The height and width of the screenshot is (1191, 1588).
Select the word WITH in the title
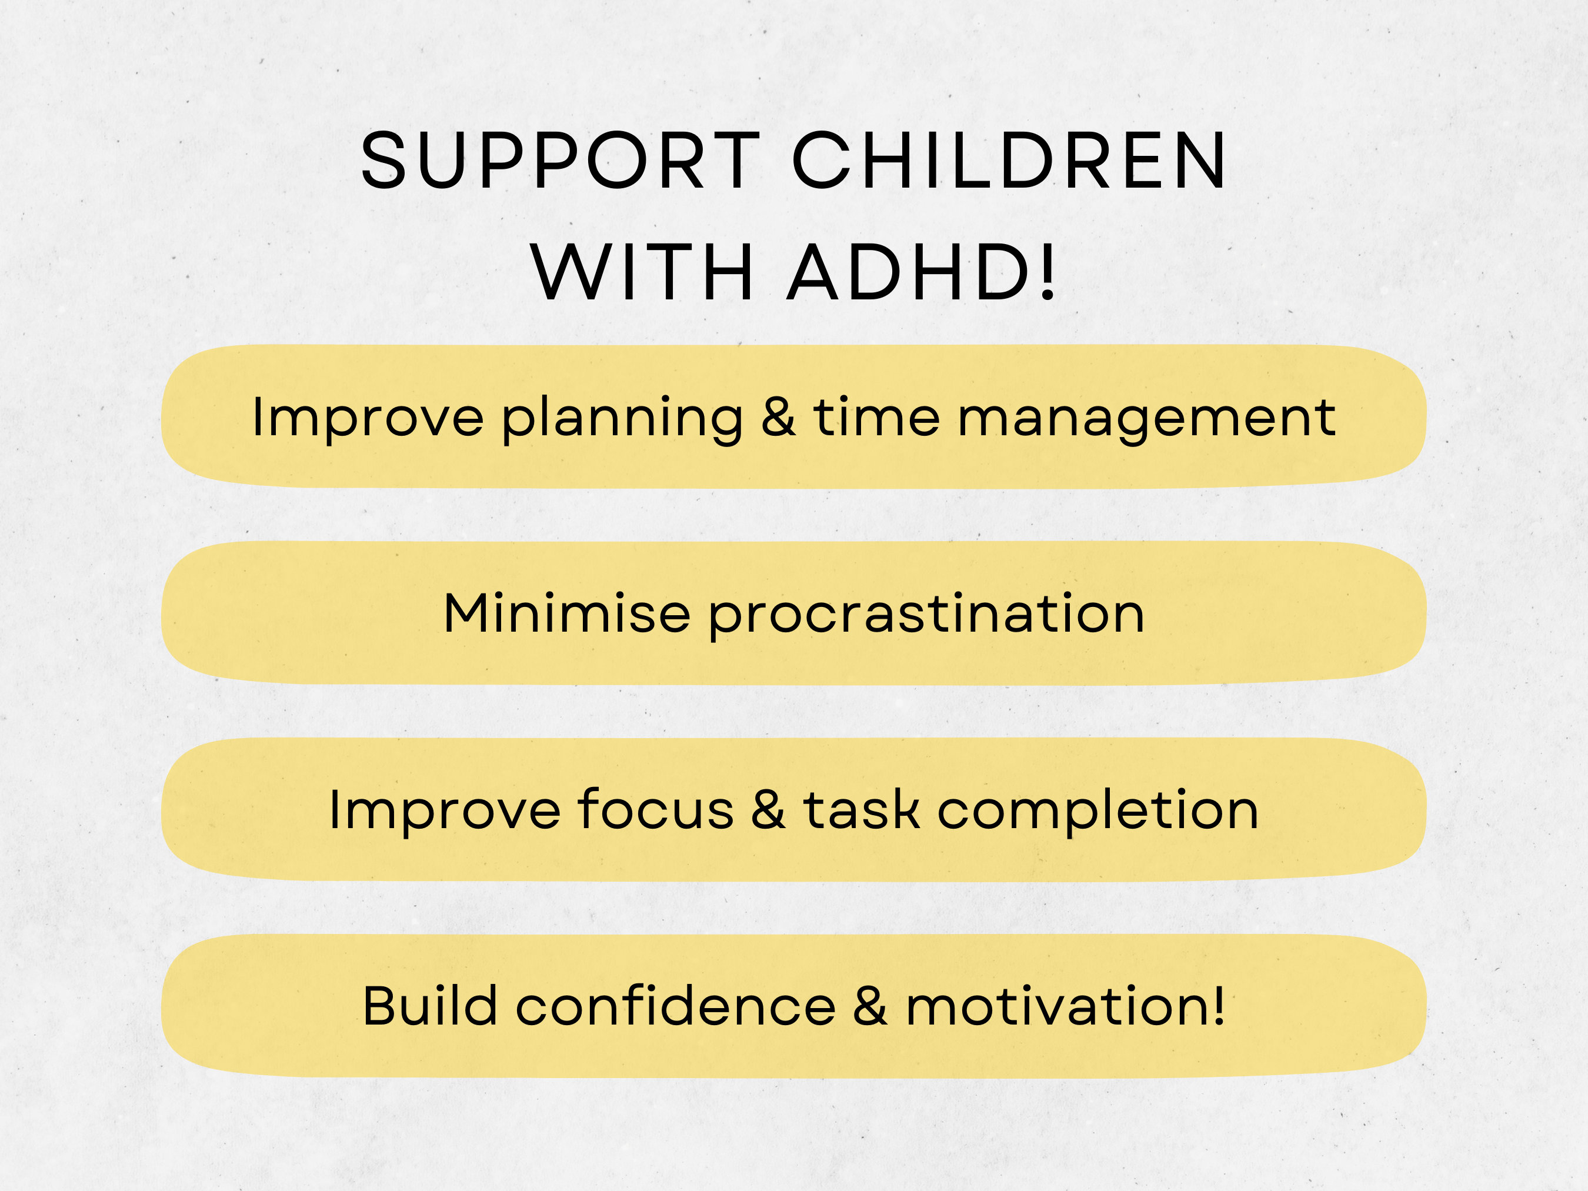642,273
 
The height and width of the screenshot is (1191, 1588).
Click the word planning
622,419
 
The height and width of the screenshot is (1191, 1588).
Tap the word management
1146,419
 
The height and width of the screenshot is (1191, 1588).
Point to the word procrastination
926,616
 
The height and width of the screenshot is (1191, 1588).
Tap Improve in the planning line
368,419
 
